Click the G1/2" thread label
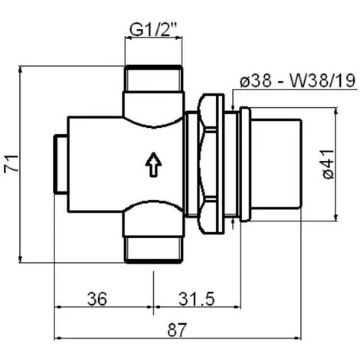(x=153, y=29)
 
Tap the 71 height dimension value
(x=11, y=164)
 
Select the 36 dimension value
(x=97, y=299)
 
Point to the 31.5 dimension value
(x=196, y=299)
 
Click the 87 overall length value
(x=177, y=330)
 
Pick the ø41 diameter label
(x=329, y=165)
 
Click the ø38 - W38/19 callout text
(x=298, y=81)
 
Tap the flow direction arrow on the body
(x=153, y=165)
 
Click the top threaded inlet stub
(x=154, y=78)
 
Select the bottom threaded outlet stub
(x=154, y=250)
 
